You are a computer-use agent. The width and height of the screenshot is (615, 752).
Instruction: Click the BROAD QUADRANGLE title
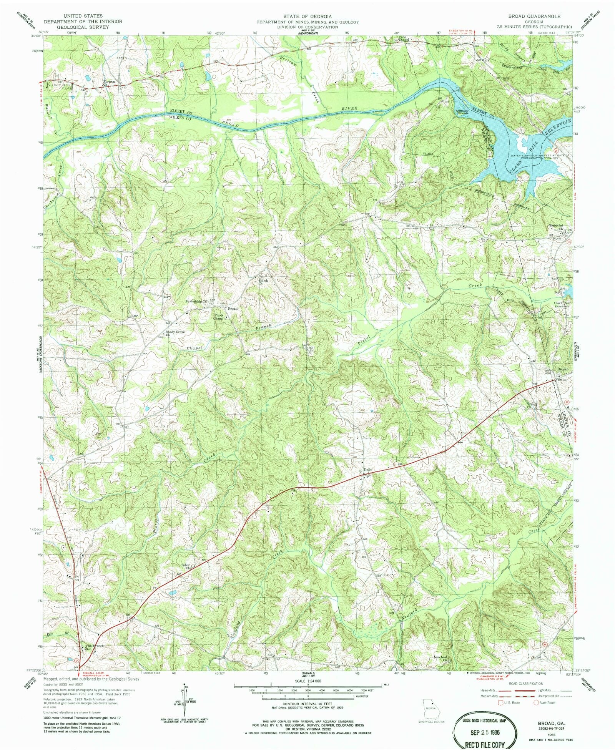click(534, 17)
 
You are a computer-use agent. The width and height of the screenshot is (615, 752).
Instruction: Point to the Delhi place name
click(368, 470)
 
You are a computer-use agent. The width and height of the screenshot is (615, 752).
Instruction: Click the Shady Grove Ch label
click(175, 333)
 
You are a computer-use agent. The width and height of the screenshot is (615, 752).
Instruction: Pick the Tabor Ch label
click(186, 566)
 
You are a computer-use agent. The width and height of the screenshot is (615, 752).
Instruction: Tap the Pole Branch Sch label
click(94, 647)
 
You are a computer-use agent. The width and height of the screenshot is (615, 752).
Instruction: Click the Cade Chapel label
click(402, 38)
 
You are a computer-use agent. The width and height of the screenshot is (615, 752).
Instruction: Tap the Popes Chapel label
click(219, 317)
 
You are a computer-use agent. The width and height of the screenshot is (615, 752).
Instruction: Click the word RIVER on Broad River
click(349, 109)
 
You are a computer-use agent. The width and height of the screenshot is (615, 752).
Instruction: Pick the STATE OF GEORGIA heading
click(307, 17)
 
